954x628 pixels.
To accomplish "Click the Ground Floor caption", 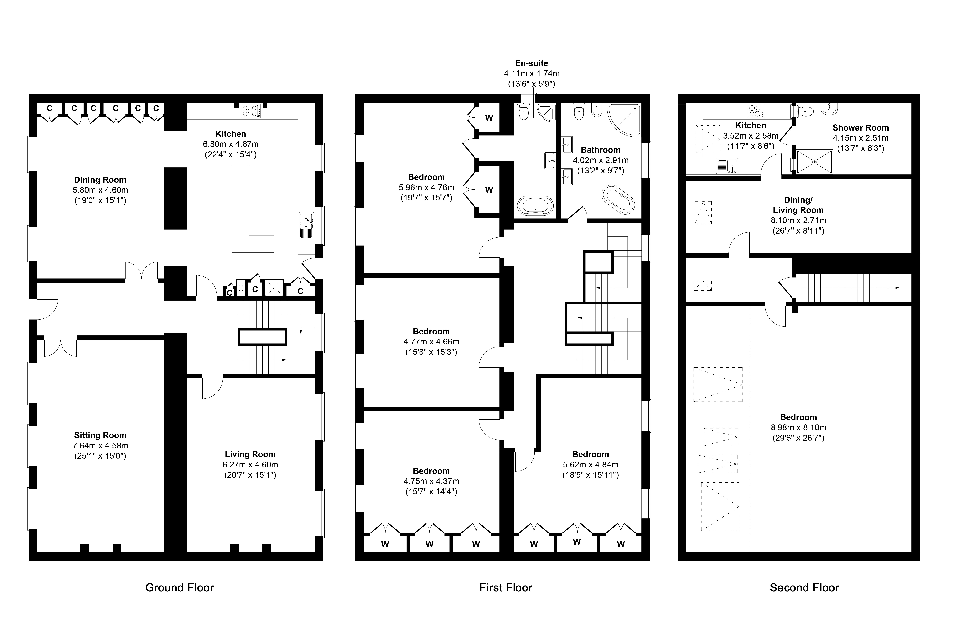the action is coord(180,588).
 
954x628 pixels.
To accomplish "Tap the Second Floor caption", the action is coord(804,588).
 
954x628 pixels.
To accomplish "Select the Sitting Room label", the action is coord(100,435).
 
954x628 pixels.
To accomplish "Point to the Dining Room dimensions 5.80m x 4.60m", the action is coord(100,190).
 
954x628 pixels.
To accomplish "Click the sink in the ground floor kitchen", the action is coord(306,226).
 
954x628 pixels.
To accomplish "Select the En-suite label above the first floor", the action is coord(532,63).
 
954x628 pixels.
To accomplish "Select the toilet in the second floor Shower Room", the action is coord(803,111).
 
